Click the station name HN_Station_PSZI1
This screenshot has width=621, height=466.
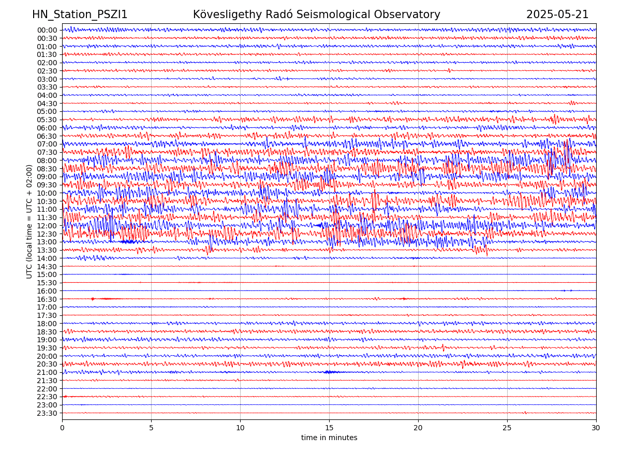[80, 14]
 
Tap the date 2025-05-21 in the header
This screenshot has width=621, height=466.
[557, 14]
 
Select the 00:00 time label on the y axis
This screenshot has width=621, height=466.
[47, 30]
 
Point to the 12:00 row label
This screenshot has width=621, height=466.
[47, 226]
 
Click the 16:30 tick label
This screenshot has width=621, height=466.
[47, 299]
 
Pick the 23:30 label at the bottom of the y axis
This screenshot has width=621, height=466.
[47, 413]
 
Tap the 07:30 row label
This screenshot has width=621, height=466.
[47, 152]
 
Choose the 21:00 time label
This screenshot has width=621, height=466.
[47, 372]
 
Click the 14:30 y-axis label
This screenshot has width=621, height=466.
[47, 267]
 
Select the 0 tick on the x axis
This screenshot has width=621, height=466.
[62, 428]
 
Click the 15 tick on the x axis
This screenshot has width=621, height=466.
[329, 428]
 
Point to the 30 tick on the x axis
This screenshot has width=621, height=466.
[596, 428]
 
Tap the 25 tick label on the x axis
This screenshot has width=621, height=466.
[507, 428]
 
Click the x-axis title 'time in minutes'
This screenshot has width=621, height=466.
[329, 438]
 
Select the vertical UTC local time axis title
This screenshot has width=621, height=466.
[29, 222]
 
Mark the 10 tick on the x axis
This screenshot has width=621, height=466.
[240, 428]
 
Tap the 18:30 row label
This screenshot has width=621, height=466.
[47, 332]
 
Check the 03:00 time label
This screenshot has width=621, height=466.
[47, 79]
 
